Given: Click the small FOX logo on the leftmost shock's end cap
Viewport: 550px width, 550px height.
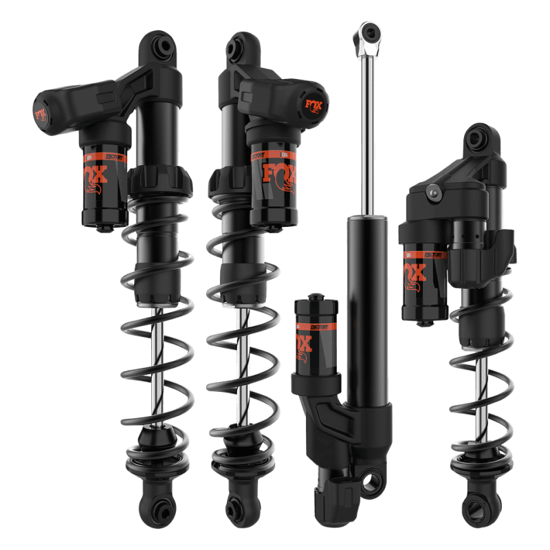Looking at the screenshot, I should pos(41,111).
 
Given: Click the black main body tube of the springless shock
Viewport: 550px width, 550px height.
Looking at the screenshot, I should pos(366,309).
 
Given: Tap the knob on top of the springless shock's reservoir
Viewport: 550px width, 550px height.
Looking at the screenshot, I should pos(316,298).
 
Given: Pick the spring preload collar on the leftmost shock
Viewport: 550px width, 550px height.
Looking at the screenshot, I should pos(159,180).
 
